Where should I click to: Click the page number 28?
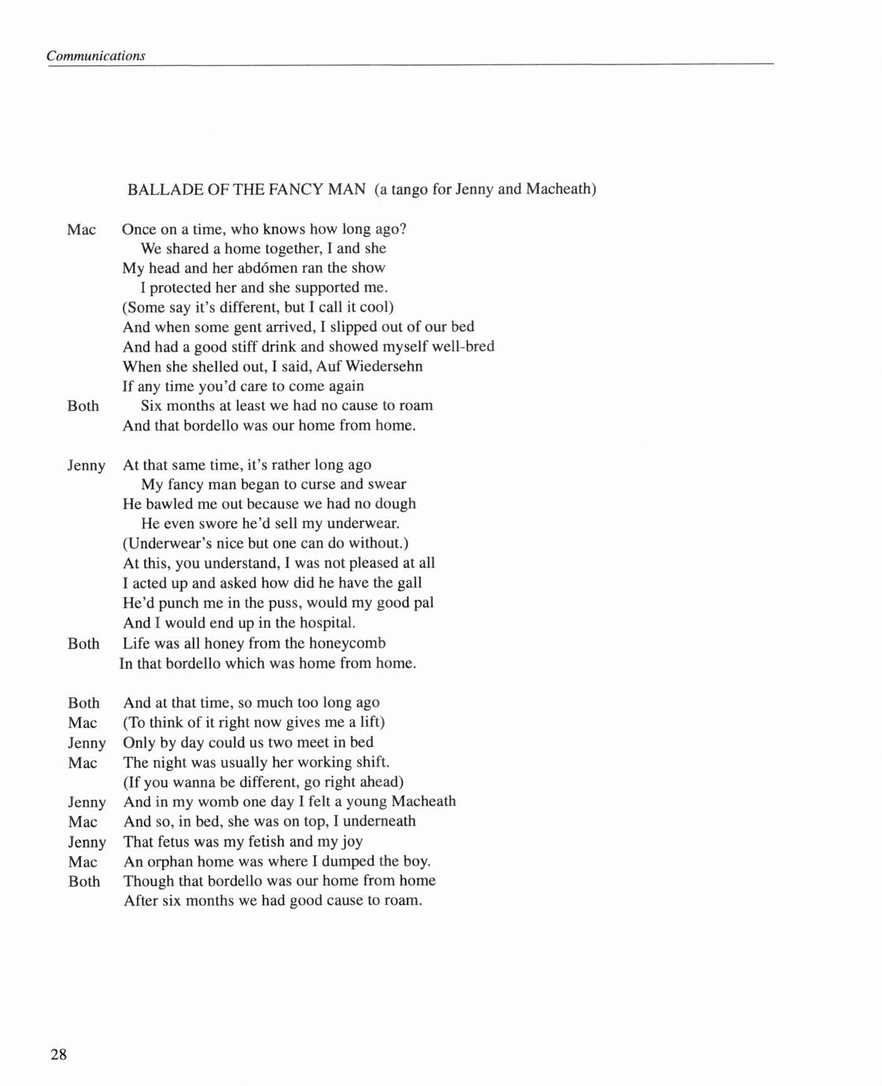[x=58, y=1055]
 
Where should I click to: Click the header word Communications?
[x=95, y=56]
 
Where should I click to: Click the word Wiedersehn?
[x=385, y=366]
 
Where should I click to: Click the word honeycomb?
[x=347, y=643]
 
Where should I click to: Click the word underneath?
[x=379, y=821]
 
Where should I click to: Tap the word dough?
[x=395, y=504]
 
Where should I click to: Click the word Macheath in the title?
[x=559, y=190]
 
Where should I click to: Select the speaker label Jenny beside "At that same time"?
[x=86, y=466]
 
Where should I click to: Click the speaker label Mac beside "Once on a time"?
[x=82, y=230]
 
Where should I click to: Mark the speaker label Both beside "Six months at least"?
[x=83, y=406]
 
